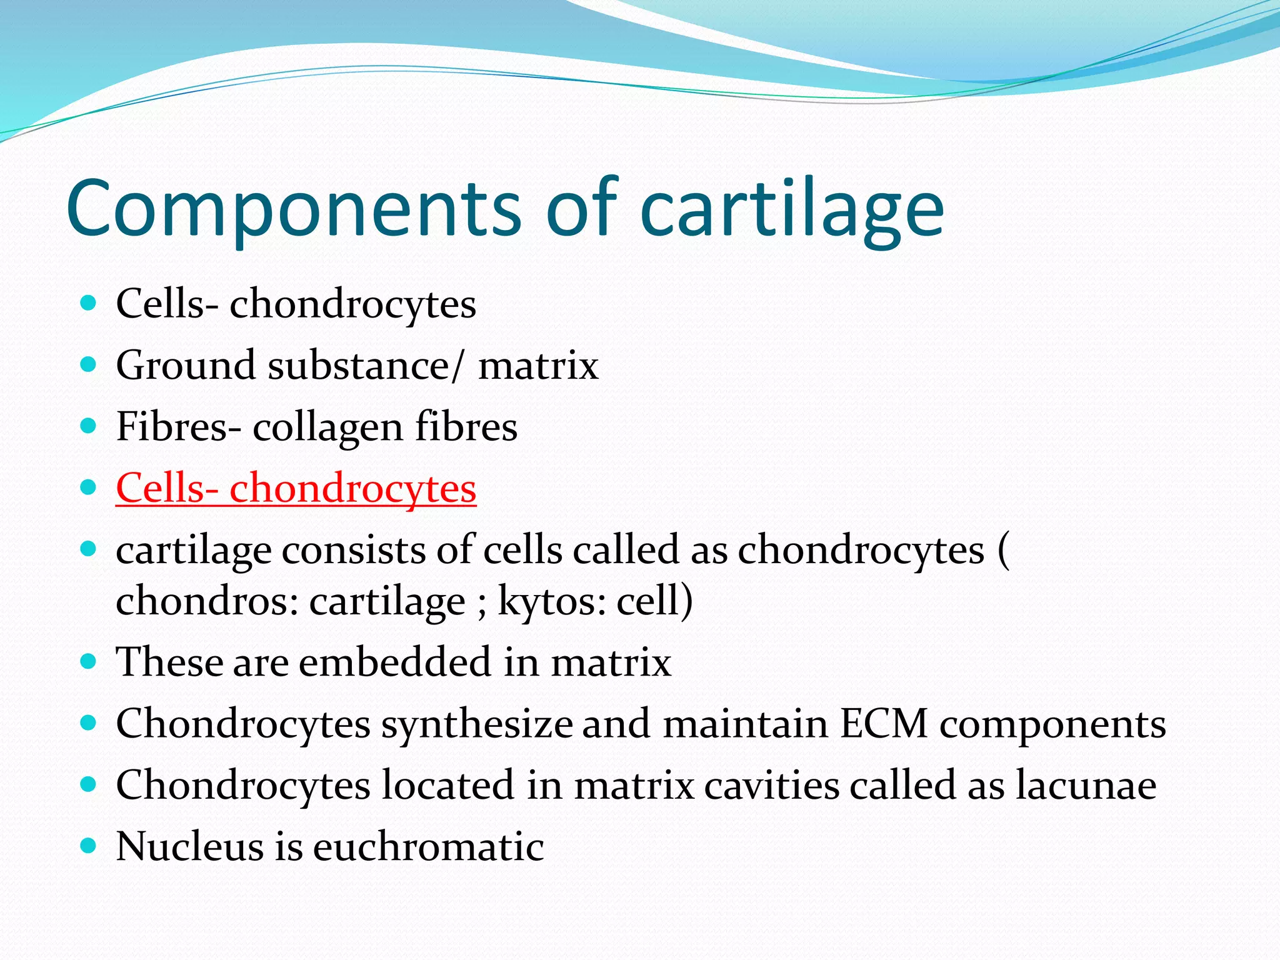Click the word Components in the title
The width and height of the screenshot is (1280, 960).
pos(294,209)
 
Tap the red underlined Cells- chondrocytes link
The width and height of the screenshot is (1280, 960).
pos(296,488)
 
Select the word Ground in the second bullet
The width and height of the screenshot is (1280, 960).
pos(185,366)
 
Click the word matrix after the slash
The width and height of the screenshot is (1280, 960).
pos(538,366)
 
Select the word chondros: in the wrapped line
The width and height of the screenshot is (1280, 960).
pos(207,601)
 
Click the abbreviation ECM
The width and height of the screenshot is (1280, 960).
pos(883,724)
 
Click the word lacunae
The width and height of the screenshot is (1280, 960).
pos(1086,786)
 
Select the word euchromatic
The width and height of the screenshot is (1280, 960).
pos(428,847)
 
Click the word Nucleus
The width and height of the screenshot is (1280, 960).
pos(190,847)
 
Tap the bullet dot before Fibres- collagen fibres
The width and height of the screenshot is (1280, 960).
pos(89,426)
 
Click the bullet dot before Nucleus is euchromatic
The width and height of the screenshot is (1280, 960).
pos(89,846)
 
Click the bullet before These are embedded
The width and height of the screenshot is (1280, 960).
pos(89,661)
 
